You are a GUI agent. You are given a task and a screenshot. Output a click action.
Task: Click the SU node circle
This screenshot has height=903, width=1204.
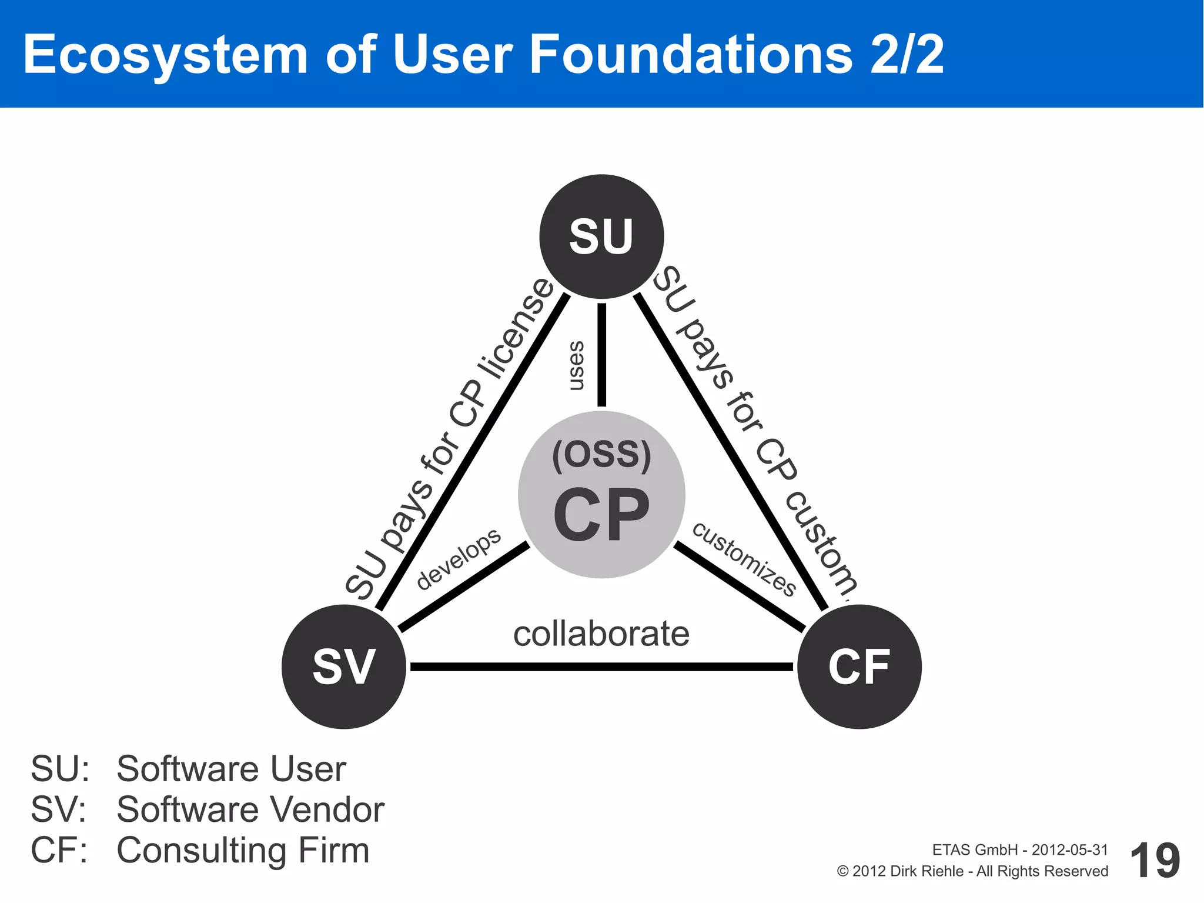tap(601, 236)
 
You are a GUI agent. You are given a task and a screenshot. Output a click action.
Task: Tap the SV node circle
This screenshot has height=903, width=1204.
tap(344, 667)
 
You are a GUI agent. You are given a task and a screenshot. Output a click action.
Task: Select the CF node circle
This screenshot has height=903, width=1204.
tap(859, 667)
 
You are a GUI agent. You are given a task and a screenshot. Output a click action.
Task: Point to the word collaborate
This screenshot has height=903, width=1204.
tap(601, 634)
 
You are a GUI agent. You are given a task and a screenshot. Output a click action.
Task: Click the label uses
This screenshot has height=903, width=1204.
tap(576, 365)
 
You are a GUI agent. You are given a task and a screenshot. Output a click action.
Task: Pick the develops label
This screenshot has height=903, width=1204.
tap(459, 558)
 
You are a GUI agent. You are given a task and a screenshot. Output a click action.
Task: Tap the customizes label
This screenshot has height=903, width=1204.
tap(744, 559)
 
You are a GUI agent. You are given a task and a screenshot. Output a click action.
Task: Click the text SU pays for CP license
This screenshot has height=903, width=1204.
tap(449, 438)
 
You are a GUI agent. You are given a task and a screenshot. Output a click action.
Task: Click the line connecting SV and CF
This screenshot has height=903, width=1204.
tap(601, 667)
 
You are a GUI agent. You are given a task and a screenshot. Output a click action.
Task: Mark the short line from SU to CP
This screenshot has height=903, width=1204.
tap(601, 354)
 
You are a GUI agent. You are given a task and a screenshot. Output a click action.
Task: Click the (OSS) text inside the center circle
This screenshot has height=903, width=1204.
tap(601, 454)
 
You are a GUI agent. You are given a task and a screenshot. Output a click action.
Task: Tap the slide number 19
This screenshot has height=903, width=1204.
tap(1155, 861)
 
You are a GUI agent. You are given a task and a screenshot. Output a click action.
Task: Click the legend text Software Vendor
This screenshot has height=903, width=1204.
tap(250, 809)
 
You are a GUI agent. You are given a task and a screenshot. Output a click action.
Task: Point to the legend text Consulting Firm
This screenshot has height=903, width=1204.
tap(243, 850)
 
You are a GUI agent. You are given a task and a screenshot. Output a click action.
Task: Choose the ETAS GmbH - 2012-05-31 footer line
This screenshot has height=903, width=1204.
tap(1019, 849)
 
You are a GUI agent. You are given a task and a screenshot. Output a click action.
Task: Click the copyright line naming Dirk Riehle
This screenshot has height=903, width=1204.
tap(972, 871)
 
